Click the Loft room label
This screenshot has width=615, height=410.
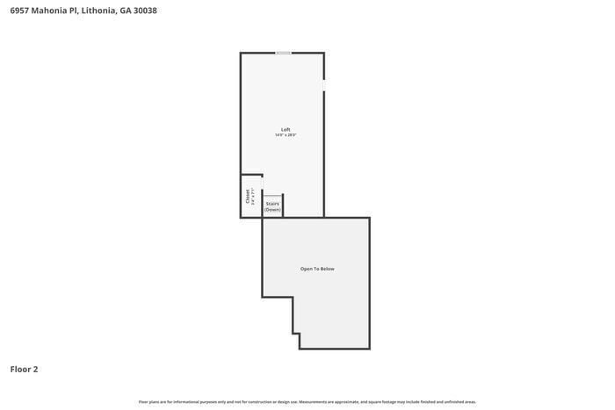click(x=286, y=130)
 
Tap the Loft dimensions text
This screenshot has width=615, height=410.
click(x=286, y=135)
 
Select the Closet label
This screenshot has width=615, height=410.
click(x=248, y=197)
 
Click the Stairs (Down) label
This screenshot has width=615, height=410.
click(x=272, y=206)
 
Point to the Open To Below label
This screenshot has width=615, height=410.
click(x=317, y=269)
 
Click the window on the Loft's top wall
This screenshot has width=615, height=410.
click(x=283, y=53)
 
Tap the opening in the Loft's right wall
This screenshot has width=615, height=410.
click(x=323, y=84)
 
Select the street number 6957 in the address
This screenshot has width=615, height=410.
click(x=20, y=11)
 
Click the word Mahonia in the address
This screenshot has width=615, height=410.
click(x=54, y=11)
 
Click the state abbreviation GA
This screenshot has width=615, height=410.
click(x=126, y=11)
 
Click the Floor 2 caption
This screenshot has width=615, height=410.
click(x=24, y=370)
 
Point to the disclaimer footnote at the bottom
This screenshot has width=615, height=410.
click(x=307, y=401)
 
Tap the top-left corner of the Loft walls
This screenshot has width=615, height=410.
click(x=242, y=54)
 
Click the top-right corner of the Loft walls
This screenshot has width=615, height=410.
click(x=323, y=54)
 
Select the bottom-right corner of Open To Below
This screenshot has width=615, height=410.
click(x=369, y=348)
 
